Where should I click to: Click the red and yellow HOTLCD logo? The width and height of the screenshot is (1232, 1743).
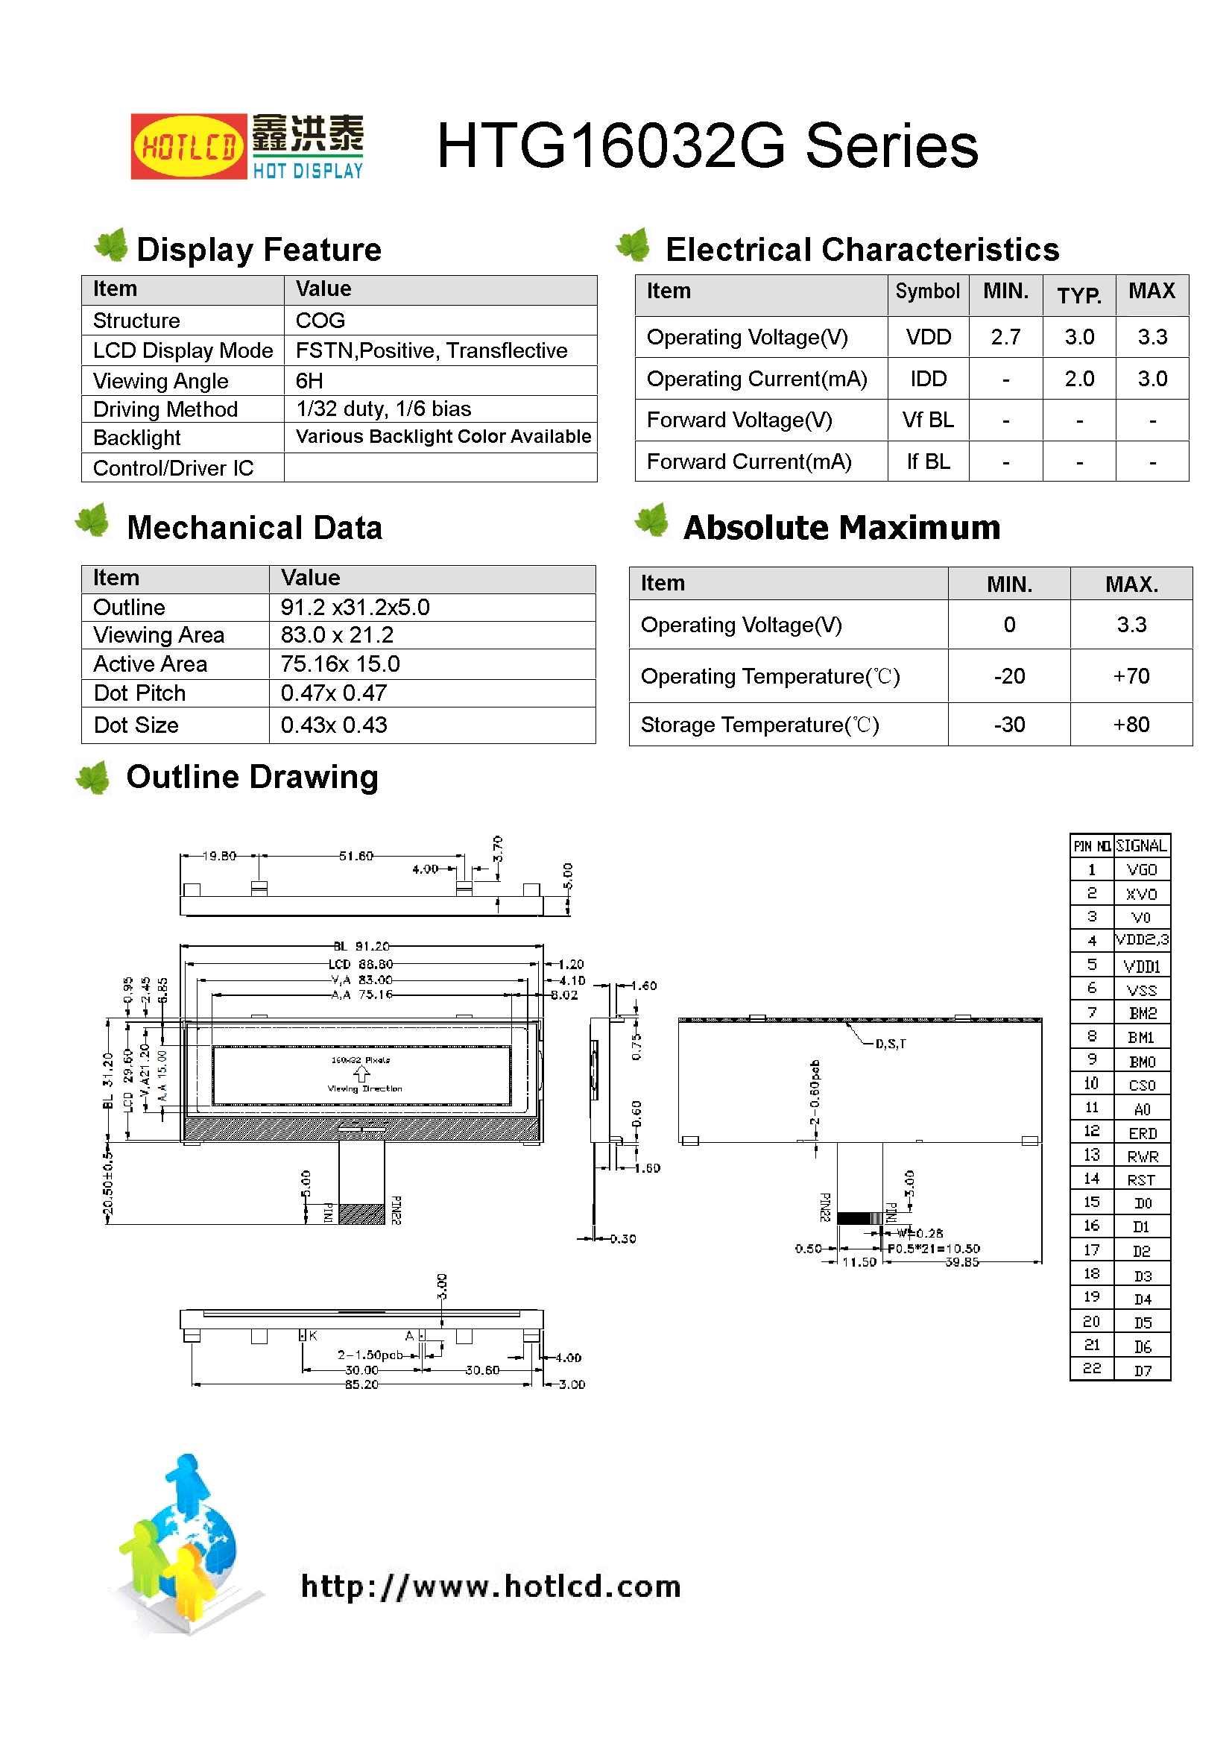pos(189,147)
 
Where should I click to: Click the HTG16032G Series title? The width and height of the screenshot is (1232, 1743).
pos(707,146)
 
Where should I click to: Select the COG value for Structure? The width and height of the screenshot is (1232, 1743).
pos(320,321)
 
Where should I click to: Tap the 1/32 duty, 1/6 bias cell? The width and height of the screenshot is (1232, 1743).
pos(383,409)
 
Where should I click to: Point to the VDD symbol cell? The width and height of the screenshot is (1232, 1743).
pos(928,337)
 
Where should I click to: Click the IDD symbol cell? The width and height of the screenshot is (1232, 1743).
pos(928,379)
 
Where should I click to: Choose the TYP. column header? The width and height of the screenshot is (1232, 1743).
pos(1078,294)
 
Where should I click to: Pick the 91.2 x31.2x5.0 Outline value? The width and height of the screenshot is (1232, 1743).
pos(355,608)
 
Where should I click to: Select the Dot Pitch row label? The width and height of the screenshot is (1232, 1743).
pos(139,693)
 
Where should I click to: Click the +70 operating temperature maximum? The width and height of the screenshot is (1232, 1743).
pos(1131,675)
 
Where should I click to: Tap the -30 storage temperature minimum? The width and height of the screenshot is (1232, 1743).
pos(1009,725)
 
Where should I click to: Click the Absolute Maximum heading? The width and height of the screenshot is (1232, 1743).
pos(841,528)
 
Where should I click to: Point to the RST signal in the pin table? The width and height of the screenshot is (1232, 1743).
pos(1141,1179)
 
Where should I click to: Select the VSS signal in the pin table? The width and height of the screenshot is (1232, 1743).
pos(1141,990)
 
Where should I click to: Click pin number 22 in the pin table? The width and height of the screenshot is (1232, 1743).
pos(1092,1368)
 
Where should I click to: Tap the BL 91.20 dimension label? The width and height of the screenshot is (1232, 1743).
pos(361,946)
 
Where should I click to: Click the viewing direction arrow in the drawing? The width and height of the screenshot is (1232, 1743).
pos(361,1074)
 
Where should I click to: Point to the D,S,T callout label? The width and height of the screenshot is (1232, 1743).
pos(891,1044)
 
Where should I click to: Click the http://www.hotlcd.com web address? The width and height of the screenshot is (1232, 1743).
pos(490,1586)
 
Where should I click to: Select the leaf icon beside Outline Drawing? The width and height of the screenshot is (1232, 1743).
pos(93,778)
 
